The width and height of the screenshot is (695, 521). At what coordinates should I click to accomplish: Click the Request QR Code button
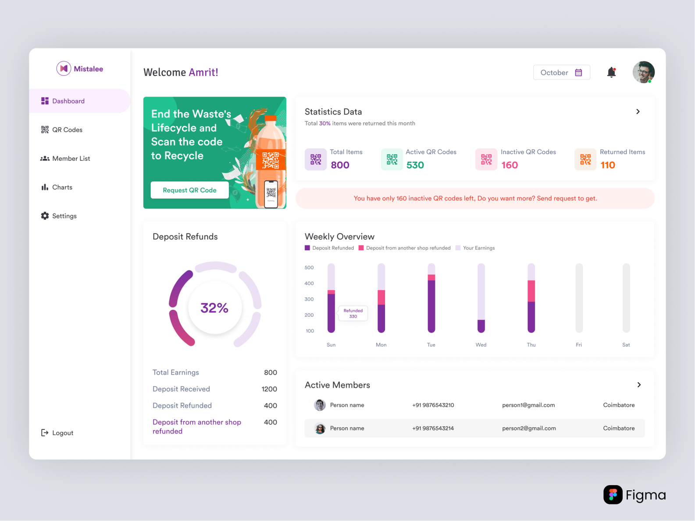point(189,190)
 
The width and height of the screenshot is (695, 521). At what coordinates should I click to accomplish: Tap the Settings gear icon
point(45,216)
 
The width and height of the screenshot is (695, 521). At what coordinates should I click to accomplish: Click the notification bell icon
point(611,72)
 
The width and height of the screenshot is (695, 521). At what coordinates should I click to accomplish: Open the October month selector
point(561,73)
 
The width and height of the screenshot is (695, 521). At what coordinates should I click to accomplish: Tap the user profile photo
point(643,72)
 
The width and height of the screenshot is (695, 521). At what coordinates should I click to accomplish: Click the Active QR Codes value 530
point(415,165)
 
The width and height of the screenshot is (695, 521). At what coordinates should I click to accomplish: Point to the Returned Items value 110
point(608,165)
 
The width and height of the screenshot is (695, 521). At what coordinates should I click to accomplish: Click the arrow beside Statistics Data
point(638,112)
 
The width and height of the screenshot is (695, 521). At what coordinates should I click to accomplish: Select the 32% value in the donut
point(214,308)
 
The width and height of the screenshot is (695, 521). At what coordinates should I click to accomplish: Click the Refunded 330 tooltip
point(353,313)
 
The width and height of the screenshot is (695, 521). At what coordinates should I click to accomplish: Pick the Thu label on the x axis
point(531,345)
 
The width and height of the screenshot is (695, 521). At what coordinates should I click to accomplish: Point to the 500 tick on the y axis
point(309,268)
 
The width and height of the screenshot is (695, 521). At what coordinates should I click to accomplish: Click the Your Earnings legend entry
point(478,248)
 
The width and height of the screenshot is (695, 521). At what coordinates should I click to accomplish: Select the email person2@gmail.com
point(529,429)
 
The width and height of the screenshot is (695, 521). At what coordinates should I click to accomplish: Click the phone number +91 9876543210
point(433,405)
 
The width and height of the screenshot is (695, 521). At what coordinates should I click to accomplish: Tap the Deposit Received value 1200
point(269,389)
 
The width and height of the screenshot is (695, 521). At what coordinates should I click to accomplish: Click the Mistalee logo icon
point(64,69)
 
